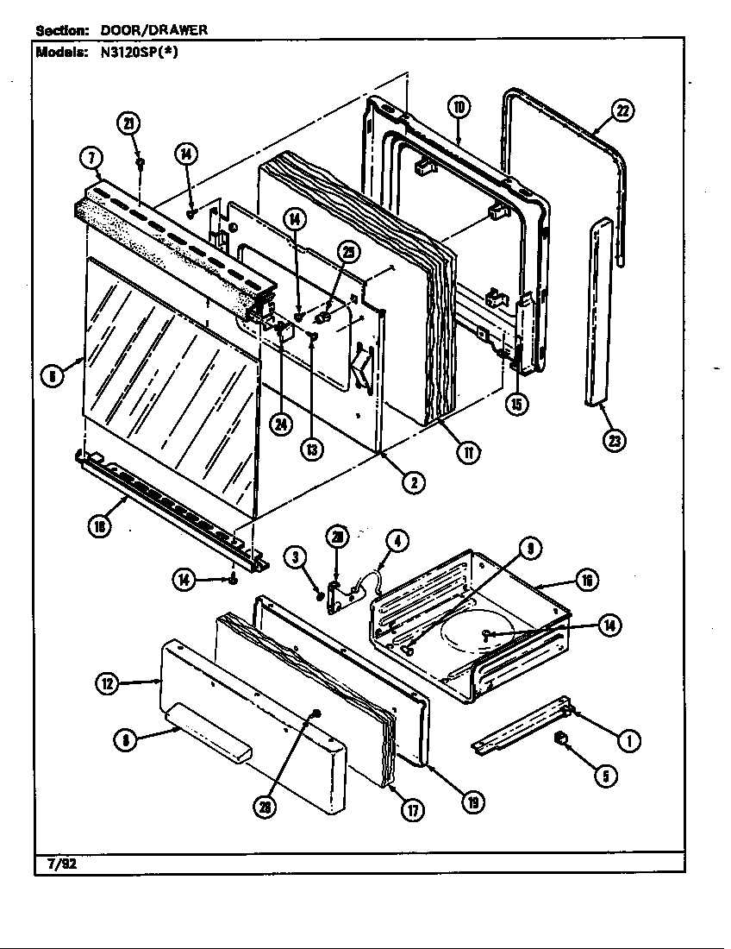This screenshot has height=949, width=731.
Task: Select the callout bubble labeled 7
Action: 92,157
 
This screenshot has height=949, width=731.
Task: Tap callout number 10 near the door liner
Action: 459,107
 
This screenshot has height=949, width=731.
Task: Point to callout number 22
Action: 622,110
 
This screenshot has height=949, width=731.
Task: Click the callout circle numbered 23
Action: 615,440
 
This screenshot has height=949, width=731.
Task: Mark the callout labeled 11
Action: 468,451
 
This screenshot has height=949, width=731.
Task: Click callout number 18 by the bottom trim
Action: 102,528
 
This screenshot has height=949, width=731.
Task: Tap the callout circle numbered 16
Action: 585,580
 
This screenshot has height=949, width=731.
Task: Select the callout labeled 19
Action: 472,802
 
